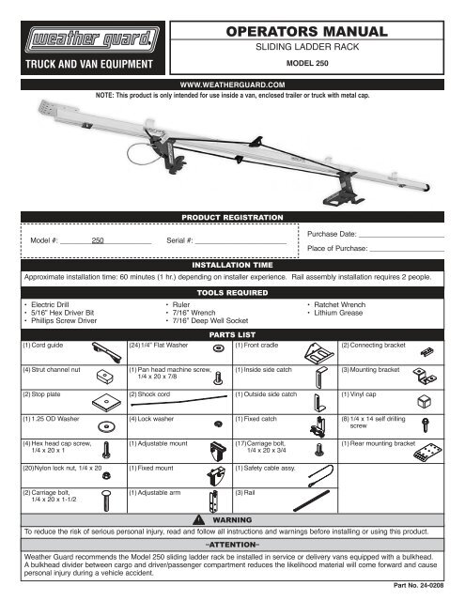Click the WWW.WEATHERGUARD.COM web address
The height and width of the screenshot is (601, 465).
click(x=232, y=84)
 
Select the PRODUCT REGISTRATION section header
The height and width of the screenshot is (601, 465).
click(x=232, y=217)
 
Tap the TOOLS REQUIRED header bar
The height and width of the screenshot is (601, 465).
click(x=232, y=292)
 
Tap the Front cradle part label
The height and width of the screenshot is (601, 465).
click(x=258, y=345)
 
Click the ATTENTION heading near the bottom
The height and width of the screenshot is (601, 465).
click(x=232, y=543)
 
